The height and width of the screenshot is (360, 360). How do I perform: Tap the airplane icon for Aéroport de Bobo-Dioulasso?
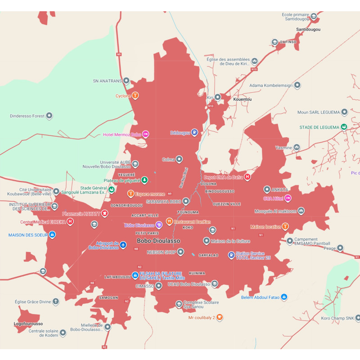click(x=123, y=246)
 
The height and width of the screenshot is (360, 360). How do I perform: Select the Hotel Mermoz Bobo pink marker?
click(x=146, y=134)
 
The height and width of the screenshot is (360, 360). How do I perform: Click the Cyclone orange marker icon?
click(x=135, y=95)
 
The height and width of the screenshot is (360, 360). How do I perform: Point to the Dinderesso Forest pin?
click(x=49, y=116)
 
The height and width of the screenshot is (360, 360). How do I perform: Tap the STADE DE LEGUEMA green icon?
click(x=344, y=127)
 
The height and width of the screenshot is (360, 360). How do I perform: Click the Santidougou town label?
click(x=308, y=29)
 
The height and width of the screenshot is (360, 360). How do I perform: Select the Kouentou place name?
click(x=243, y=99)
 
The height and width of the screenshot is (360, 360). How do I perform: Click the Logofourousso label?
click(x=28, y=324)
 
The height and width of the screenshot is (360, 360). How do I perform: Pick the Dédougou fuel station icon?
click(x=194, y=132)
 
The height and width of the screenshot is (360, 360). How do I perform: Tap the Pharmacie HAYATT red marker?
click(x=104, y=213)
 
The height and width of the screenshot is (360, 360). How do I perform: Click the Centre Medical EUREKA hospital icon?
click(x=70, y=221)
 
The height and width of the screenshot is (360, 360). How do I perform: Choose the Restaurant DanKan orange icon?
click(x=169, y=221)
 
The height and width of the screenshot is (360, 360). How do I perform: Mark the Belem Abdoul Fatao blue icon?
click(x=284, y=297)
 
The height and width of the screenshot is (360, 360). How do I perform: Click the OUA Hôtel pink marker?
click(x=288, y=198)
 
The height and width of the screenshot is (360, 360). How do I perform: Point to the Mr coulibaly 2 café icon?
click(x=220, y=317)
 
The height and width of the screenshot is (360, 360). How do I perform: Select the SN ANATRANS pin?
click(x=126, y=81)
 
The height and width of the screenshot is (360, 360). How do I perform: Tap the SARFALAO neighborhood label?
click(x=208, y=255)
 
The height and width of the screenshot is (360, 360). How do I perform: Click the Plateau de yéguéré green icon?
click(x=144, y=180)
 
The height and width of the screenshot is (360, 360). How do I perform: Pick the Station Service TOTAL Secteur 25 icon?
click(x=231, y=255)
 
